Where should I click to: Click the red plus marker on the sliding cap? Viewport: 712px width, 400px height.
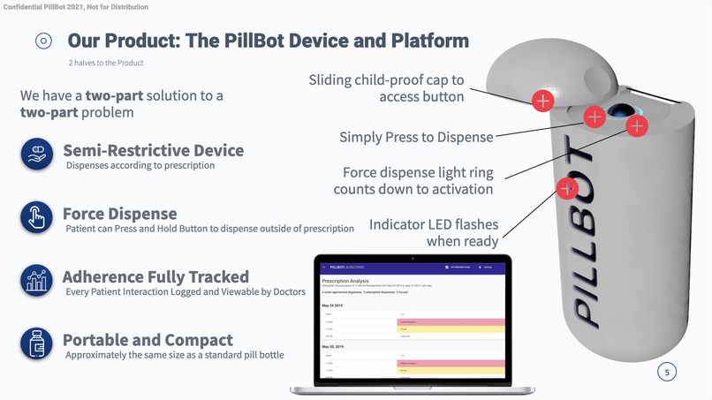542,100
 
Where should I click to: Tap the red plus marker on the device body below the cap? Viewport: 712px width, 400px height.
567,187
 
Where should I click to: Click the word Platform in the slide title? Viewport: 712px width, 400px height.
423,41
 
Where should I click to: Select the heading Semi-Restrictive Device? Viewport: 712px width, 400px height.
153,150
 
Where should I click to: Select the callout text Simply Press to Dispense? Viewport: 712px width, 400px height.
416,137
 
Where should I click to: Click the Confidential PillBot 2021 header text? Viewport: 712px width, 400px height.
74,7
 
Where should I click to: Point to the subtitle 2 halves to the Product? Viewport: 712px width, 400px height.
105,63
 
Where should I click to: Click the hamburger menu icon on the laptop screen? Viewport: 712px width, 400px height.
323,267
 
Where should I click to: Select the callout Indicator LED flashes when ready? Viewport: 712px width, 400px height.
433,232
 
